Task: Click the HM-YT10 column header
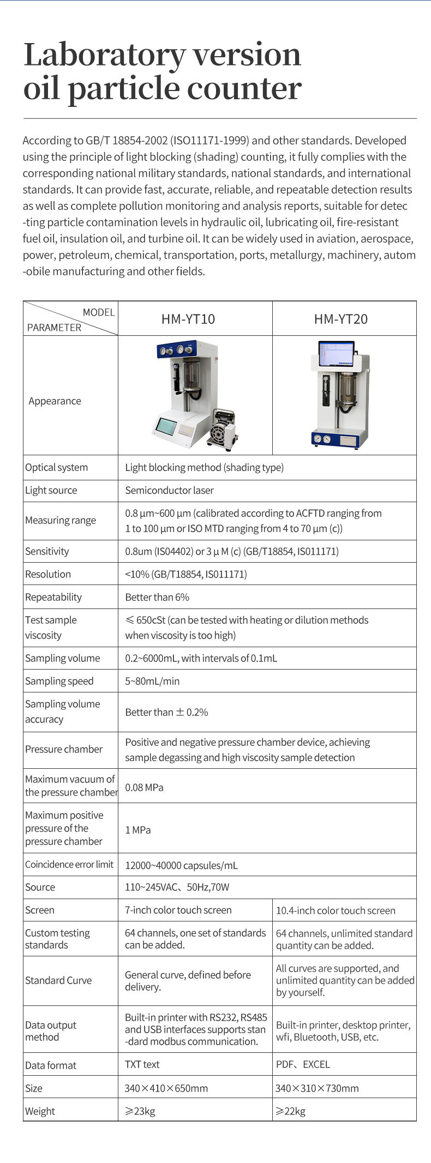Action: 188,319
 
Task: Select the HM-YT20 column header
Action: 340,319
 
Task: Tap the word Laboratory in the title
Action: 104,55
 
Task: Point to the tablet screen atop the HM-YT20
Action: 336,354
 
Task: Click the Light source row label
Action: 51,490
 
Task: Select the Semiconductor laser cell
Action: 169,490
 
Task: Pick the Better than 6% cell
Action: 157,597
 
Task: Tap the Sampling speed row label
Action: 59,681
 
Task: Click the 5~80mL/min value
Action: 152,681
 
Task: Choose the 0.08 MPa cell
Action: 144,787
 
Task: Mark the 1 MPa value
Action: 137,830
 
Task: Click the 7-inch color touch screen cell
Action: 178,910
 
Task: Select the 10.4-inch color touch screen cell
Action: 336,911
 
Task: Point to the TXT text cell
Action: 142,1064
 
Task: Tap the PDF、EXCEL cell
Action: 303,1064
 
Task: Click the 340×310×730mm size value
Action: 317,1088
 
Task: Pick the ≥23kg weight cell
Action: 140,1111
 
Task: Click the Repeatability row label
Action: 53,597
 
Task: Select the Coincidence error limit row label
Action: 69,864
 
